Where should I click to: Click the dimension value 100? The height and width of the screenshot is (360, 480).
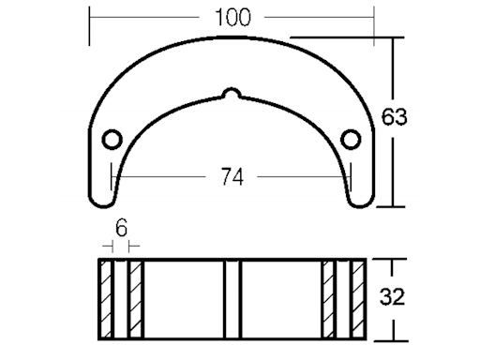point(233,18)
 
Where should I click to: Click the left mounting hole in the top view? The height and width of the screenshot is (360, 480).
point(112,139)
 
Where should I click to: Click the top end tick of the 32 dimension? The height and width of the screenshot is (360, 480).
point(394,260)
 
